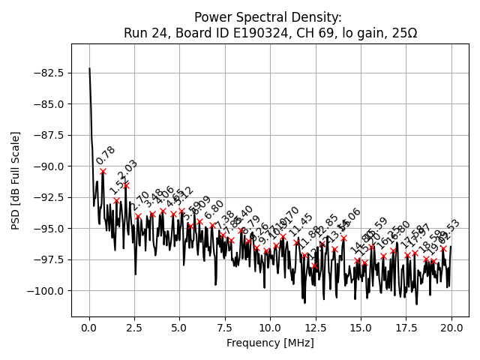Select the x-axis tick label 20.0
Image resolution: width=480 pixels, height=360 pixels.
point(451,328)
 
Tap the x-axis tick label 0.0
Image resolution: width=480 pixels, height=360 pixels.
point(89,328)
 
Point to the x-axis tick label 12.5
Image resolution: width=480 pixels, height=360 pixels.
point(316,328)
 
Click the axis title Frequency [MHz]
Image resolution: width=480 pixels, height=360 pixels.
point(270,343)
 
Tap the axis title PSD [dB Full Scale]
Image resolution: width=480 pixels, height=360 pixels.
point(16,180)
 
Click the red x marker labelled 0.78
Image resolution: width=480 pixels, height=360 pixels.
point(103,171)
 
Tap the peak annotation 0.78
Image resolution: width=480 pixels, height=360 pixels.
point(106,155)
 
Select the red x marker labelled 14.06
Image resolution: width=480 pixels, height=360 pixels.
point(343,238)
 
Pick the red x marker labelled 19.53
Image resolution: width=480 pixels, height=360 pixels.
point(442,248)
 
